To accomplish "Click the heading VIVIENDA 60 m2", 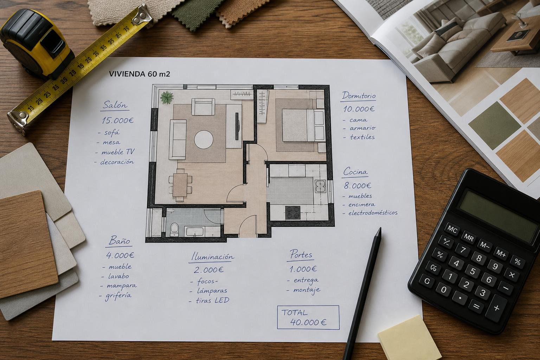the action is tap(139, 74).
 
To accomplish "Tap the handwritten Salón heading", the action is tap(115, 105).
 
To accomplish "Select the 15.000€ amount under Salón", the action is tap(118, 120).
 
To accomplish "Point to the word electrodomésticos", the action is tap(373, 213).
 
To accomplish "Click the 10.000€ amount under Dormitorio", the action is tap(359, 109).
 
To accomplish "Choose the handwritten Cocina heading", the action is tap(355, 172).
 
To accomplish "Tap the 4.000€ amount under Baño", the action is tap(120, 255).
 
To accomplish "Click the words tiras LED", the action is tap(212, 300).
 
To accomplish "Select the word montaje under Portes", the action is tap(307, 290).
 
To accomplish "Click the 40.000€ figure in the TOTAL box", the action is tap(308, 322).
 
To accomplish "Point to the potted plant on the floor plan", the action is tap(167, 97).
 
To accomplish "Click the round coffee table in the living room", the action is tap(204, 140).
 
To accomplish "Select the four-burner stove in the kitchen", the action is tap(293, 213).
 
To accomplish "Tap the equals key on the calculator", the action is tap(476, 307).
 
